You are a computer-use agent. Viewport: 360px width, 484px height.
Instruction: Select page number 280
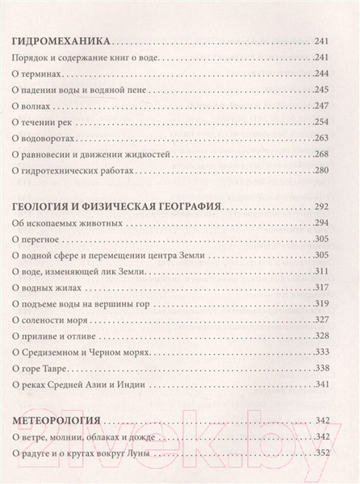(337, 171)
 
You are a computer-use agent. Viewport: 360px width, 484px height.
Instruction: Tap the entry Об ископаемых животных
(68, 223)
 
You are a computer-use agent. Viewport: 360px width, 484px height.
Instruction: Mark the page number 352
(337, 453)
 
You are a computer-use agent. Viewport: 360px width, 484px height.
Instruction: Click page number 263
(337, 138)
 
